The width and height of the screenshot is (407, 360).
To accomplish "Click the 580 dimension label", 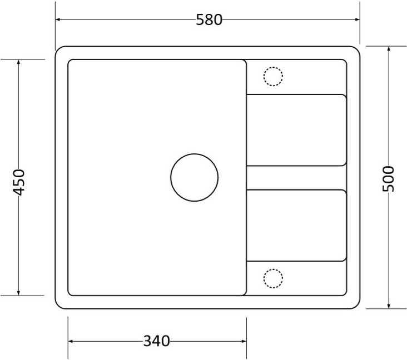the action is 209,19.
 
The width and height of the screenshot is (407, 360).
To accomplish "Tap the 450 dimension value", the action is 19,182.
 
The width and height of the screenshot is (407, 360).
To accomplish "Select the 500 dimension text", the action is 388,179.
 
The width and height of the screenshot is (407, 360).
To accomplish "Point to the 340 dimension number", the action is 157,341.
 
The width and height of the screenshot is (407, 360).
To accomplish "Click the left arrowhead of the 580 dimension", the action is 58,19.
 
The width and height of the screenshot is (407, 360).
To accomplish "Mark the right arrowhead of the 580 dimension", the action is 357,19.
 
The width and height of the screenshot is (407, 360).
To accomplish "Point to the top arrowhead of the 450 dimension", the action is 18,62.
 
